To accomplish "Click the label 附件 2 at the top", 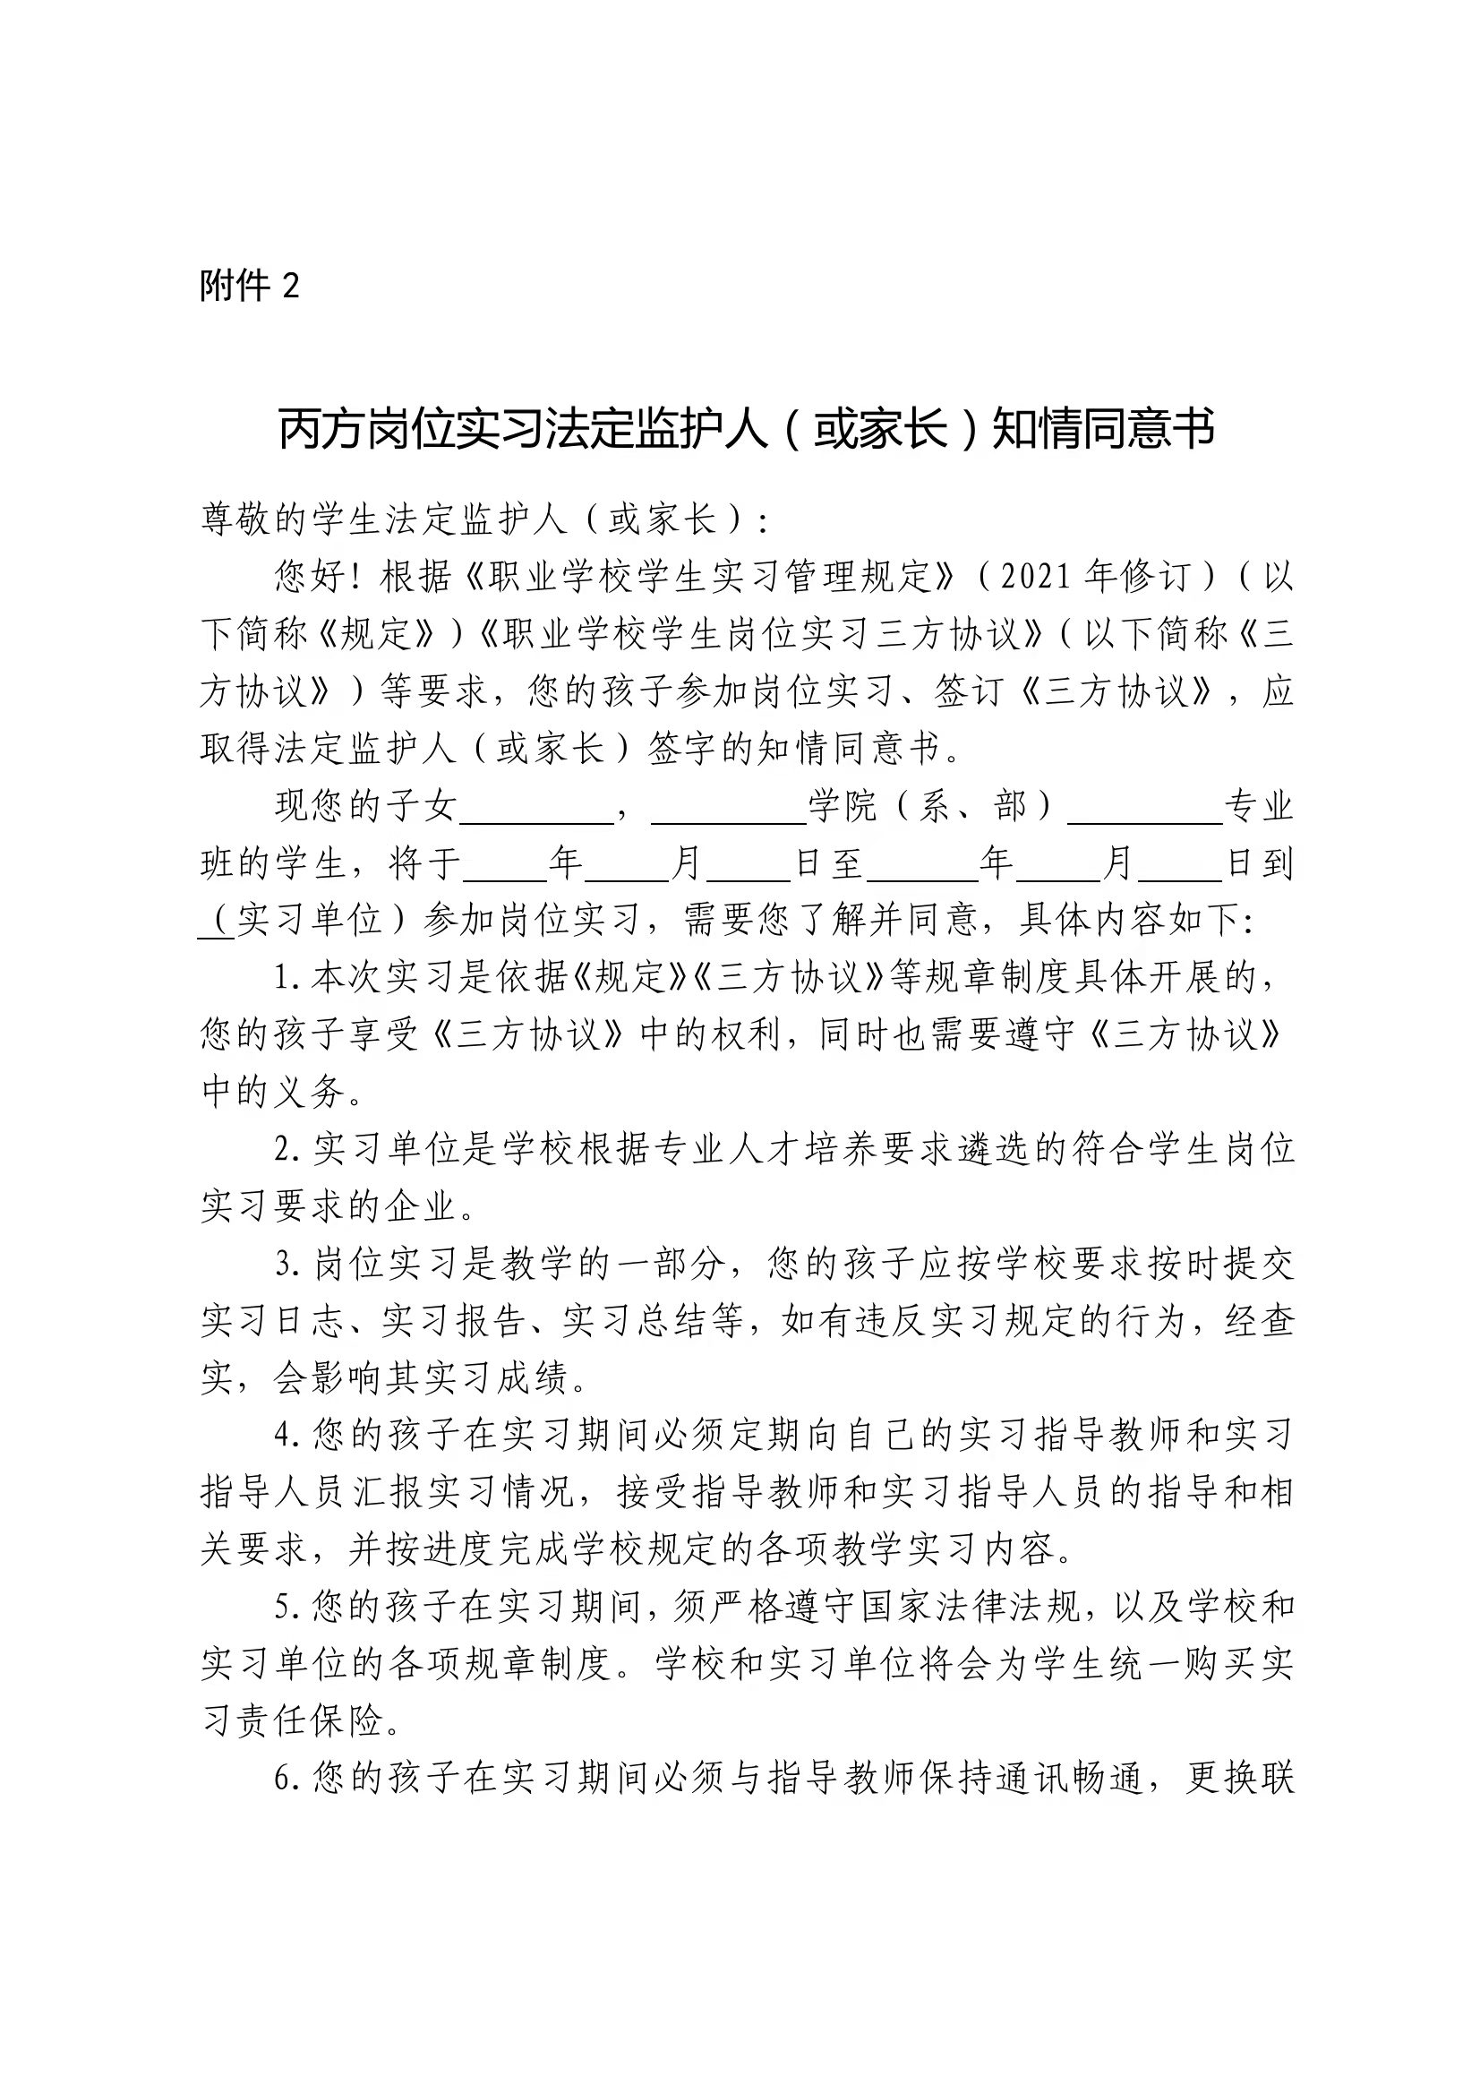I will point(250,287).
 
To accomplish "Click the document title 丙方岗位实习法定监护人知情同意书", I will point(746,428).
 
